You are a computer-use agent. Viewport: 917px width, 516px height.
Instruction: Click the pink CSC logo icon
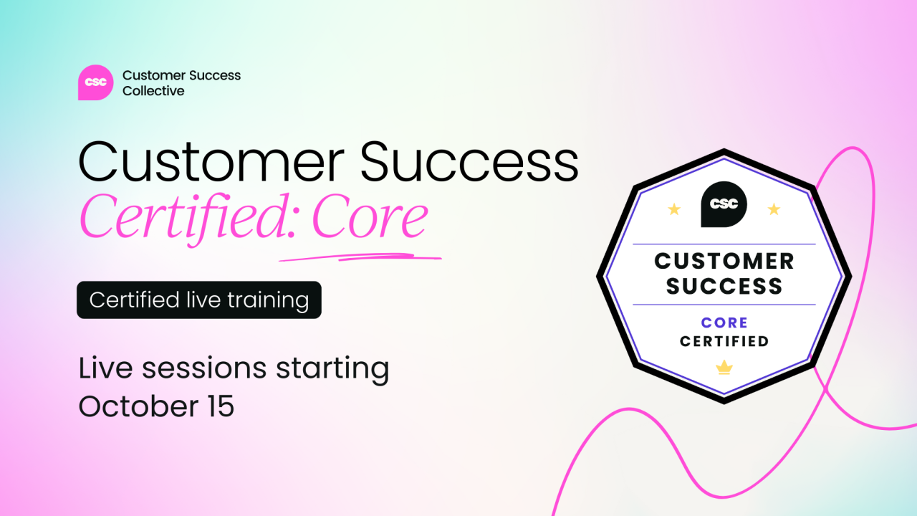pyautogui.click(x=95, y=82)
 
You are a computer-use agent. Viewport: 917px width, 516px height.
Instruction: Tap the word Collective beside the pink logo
pyautogui.click(x=153, y=91)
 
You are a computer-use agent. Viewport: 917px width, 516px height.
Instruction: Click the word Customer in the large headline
pyautogui.click(x=211, y=161)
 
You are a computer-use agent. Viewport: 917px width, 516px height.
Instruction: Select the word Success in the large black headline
pyautogui.click(x=469, y=161)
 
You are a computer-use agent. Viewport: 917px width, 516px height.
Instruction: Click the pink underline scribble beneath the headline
pyautogui.click(x=360, y=257)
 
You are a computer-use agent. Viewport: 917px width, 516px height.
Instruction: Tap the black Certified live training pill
pyautogui.click(x=199, y=300)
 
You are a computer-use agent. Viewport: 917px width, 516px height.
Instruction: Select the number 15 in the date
pyautogui.click(x=221, y=406)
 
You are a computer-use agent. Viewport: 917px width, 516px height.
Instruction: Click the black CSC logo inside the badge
pyautogui.click(x=724, y=204)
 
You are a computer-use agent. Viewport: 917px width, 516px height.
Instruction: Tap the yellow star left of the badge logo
pyautogui.click(x=674, y=209)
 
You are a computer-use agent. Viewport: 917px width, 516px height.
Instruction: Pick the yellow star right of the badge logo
pyautogui.click(x=774, y=209)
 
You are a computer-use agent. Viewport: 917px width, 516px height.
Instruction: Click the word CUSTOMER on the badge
pyautogui.click(x=724, y=262)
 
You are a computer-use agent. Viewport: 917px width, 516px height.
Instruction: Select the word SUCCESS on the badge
pyautogui.click(x=724, y=286)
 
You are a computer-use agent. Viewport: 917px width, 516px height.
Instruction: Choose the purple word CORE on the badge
pyautogui.click(x=724, y=322)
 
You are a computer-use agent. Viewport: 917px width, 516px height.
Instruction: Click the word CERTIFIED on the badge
pyautogui.click(x=724, y=341)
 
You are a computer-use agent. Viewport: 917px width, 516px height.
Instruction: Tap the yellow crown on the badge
pyautogui.click(x=724, y=368)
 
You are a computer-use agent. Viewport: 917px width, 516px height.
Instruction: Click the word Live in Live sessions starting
pyautogui.click(x=105, y=368)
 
